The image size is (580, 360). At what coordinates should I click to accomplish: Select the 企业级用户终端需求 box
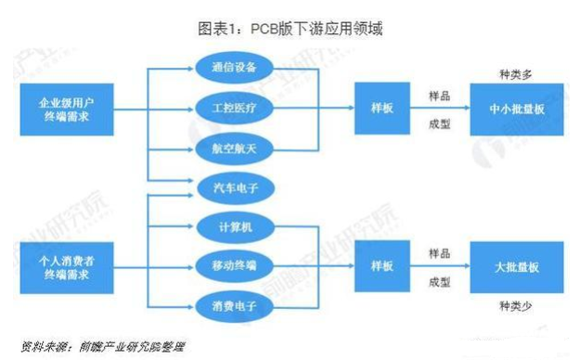[x=65, y=109]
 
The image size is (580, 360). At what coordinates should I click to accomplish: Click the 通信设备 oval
[x=234, y=68]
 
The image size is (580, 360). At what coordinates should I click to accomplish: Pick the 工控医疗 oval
[x=234, y=109]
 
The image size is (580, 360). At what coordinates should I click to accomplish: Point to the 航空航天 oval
[x=234, y=148]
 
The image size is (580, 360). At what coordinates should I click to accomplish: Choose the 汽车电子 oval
[x=234, y=187]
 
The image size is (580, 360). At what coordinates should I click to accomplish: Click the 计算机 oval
[x=234, y=226]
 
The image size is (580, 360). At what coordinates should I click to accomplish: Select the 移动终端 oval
[x=234, y=267]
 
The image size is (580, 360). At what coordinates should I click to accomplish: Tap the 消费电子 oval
[x=234, y=304]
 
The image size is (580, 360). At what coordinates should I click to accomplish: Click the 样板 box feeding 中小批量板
[x=381, y=109]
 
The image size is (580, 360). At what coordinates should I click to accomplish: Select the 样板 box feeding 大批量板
[x=381, y=266]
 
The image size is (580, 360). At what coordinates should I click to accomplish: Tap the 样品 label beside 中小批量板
[x=440, y=96]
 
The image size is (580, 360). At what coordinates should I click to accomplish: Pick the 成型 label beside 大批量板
[x=440, y=279]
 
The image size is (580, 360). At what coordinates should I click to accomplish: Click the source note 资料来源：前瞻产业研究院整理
[x=93, y=346]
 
